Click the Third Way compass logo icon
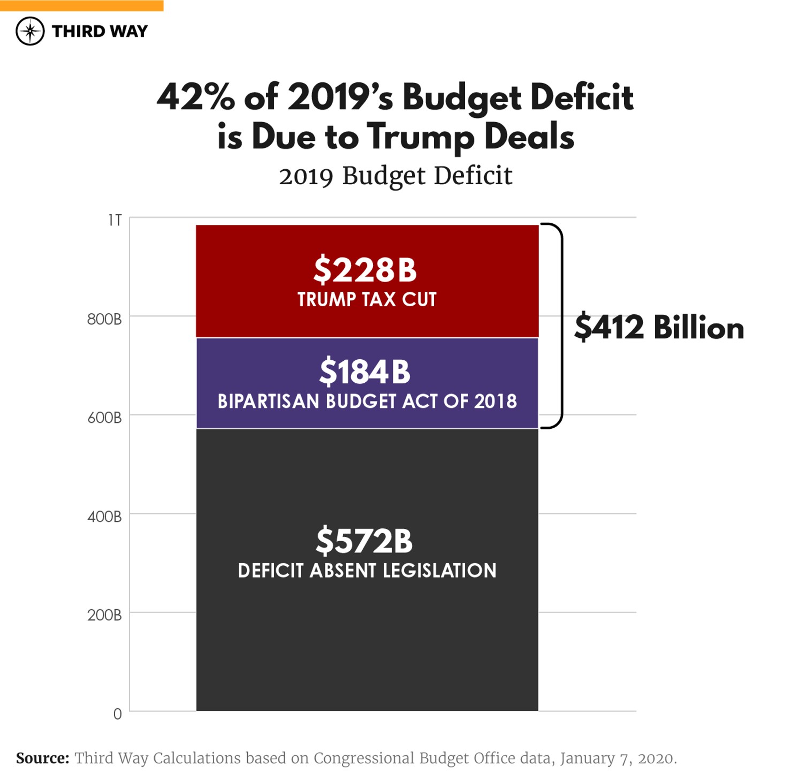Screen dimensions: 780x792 30,31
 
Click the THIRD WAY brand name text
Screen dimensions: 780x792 100,32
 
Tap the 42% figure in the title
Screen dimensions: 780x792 196,97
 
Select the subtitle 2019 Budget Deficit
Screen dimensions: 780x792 395,176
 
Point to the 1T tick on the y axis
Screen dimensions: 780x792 115,221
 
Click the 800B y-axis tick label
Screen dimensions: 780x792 104,320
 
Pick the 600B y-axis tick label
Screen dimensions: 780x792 104,418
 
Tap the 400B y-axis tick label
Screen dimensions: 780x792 104,517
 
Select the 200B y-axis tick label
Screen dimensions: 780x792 104,615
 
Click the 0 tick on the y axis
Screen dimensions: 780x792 117,714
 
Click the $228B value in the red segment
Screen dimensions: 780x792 365,269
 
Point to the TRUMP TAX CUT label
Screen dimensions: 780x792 367,300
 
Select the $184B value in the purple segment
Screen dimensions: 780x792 365,372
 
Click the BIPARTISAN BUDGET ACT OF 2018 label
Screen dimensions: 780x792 367,402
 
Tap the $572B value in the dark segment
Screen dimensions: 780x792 364,541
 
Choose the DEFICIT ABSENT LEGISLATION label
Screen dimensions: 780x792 367,571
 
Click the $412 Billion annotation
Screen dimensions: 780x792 659,327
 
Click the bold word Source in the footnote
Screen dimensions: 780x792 42,758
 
